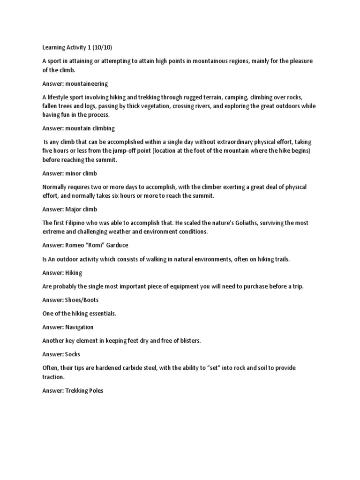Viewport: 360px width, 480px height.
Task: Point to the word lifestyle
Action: [60, 97]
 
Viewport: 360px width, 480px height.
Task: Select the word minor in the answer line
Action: [74, 173]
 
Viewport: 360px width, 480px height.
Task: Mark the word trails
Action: [279, 259]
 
